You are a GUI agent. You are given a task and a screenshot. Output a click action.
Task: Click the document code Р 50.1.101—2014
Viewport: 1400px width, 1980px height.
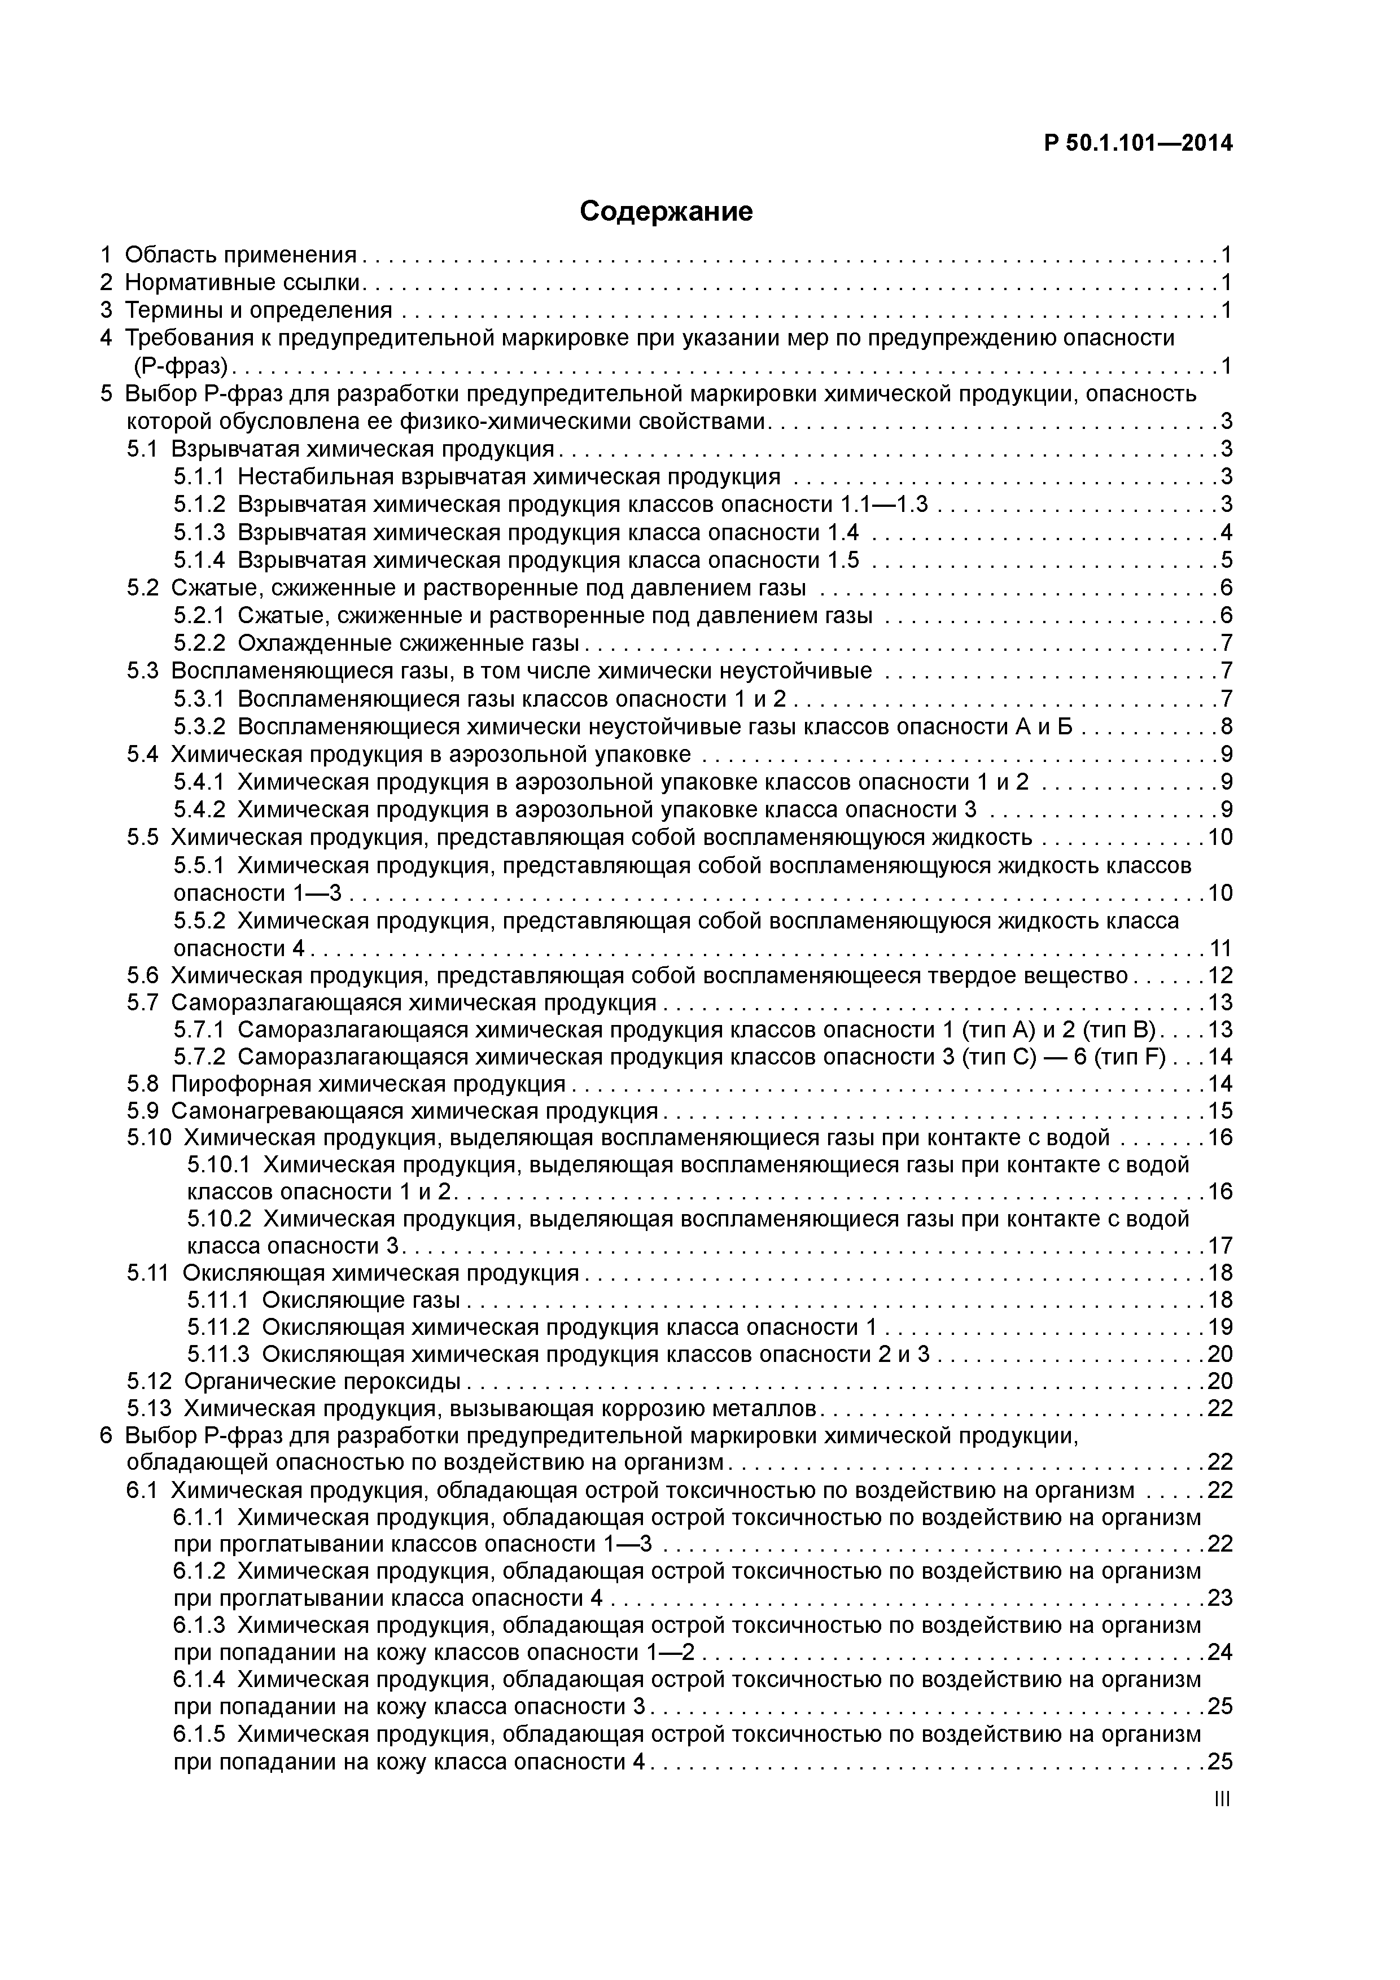coord(1137,143)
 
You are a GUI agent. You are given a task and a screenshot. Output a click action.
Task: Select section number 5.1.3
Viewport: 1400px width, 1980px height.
coord(198,532)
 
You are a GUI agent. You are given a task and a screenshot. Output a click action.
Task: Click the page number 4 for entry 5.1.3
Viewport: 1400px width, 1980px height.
coord(1226,532)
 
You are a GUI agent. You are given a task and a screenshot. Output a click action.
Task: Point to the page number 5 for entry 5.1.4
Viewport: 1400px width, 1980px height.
coord(1226,560)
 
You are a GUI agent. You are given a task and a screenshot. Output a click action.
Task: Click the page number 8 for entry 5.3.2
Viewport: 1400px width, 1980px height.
coord(1226,726)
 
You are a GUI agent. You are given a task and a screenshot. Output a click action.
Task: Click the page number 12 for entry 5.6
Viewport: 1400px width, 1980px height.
coord(1220,975)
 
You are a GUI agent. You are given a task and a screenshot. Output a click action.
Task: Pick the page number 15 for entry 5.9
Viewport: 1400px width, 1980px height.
coord(1220,1111)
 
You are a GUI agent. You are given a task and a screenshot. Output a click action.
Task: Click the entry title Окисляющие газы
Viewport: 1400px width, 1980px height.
coord(361,1300)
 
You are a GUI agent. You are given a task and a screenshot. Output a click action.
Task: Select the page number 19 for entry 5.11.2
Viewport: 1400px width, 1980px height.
coord(1220,1326)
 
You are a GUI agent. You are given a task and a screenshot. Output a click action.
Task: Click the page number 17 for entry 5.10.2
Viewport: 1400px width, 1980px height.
coord(1220,1245)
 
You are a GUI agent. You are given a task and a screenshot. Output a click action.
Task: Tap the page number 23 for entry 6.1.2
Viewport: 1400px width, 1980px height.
coord(1220,1598)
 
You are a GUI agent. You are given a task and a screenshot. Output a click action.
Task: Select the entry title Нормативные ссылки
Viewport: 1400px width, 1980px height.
coord(243,283)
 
